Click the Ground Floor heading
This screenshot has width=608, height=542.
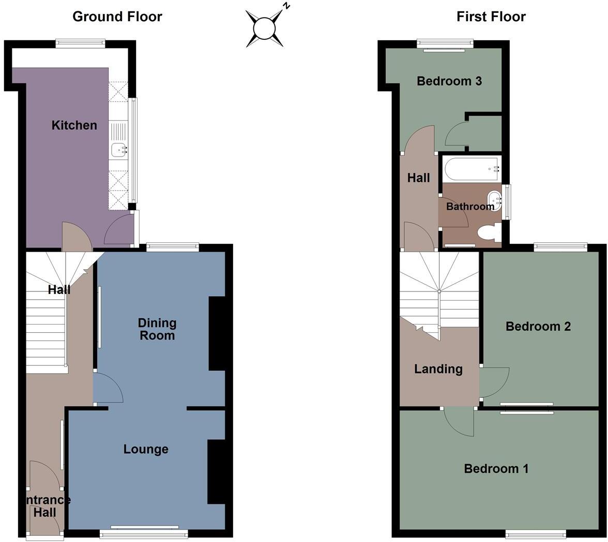(117, 17)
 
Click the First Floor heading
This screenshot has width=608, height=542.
(491, 17)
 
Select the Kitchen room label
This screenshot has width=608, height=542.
(74, 125)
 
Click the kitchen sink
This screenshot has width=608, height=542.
(119, 150)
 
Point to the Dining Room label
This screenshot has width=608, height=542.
(157, 329)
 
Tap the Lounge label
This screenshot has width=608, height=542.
(146, 449)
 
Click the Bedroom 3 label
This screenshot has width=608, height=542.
(449, 81)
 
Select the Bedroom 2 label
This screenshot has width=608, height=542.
(538, 326)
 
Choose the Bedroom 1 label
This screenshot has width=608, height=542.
(496, 469)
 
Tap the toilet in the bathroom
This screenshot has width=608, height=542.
(489, 233)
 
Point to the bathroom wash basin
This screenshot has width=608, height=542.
(494, 199)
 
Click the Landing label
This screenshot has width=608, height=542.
(438, 369)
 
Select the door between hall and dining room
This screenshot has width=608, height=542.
(108, 389)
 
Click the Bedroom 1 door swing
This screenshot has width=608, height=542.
(459, 421)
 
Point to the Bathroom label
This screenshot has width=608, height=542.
(470, 207)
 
